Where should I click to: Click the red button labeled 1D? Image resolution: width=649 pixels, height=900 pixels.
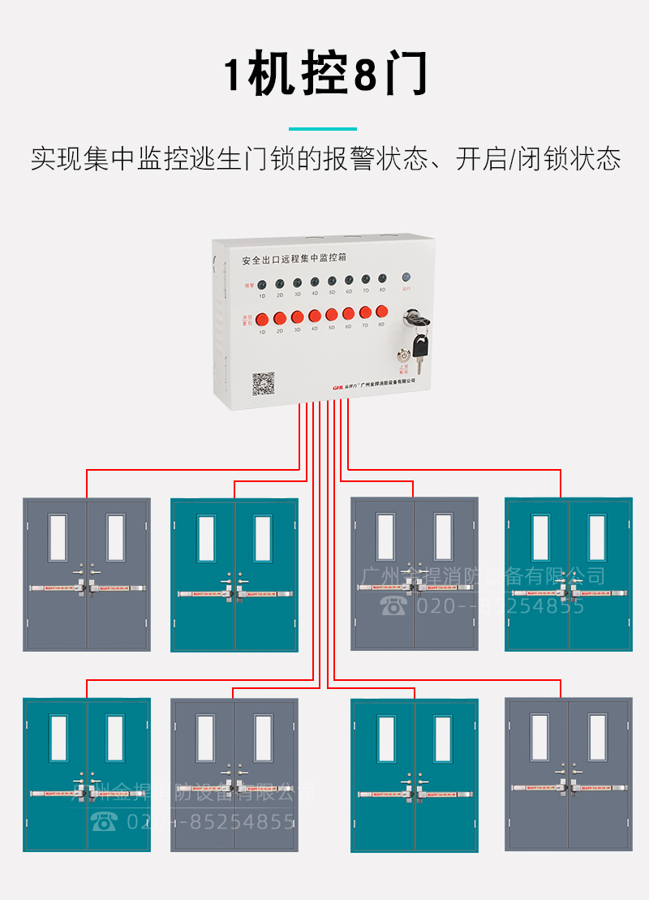261,318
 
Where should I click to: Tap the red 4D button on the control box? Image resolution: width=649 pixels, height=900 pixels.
314,316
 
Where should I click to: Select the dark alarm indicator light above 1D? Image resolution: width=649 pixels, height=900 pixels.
262,284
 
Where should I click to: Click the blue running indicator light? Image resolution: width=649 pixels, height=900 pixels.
406,277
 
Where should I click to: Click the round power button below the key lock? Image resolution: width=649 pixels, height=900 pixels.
403,355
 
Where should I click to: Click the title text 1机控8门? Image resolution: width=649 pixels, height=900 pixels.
324,76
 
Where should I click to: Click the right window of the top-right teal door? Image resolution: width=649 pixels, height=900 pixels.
597,536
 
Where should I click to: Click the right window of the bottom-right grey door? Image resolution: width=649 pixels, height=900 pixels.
597,737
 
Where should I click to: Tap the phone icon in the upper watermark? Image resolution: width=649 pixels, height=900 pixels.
395,605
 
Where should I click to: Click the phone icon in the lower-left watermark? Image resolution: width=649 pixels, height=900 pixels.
105,821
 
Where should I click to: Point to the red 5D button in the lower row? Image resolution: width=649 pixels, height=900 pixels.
332,314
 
